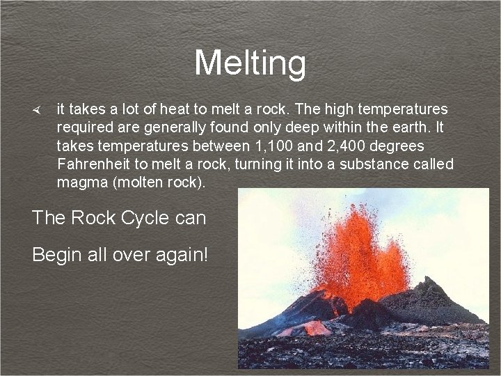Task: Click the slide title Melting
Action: pos(250,63)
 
